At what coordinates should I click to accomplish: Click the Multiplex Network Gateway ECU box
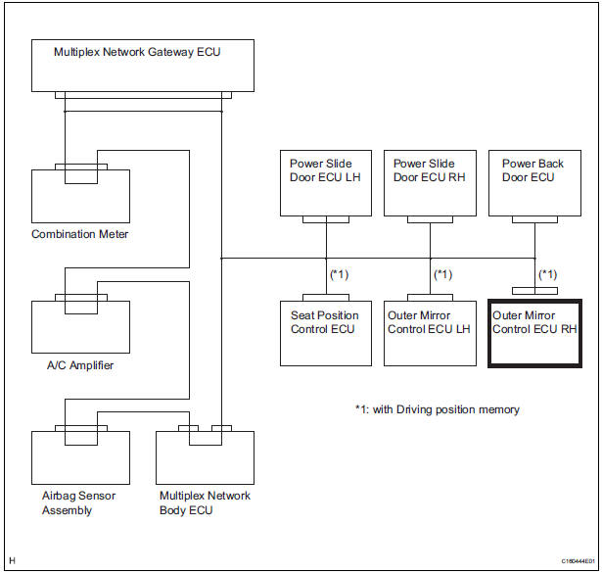point(143,66)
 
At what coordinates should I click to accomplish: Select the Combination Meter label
point(80,234)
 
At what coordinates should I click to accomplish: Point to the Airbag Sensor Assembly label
point(74,502)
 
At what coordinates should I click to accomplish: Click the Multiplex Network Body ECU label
point(205,502)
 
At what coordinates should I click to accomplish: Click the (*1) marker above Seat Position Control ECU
point(339,273)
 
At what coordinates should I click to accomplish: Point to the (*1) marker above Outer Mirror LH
point(443,273)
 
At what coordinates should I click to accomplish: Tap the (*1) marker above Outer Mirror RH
point(548,273)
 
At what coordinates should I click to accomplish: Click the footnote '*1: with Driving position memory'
point(437,409)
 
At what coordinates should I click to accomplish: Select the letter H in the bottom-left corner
point(12,560)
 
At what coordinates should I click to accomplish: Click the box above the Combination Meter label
point(80,195)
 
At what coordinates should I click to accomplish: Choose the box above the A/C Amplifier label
point(80,326)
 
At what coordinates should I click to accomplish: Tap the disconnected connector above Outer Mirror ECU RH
point(534,291)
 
